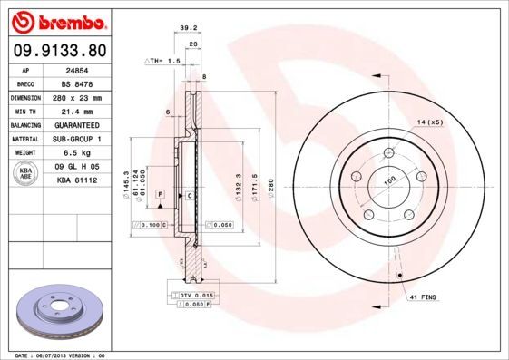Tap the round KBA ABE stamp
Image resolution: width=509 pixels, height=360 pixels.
pos(26,173)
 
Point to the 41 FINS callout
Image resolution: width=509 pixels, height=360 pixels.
pos(424,297)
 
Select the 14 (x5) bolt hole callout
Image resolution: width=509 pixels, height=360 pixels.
pos(429,122)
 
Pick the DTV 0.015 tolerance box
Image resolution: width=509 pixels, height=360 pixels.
pos(193,296)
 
